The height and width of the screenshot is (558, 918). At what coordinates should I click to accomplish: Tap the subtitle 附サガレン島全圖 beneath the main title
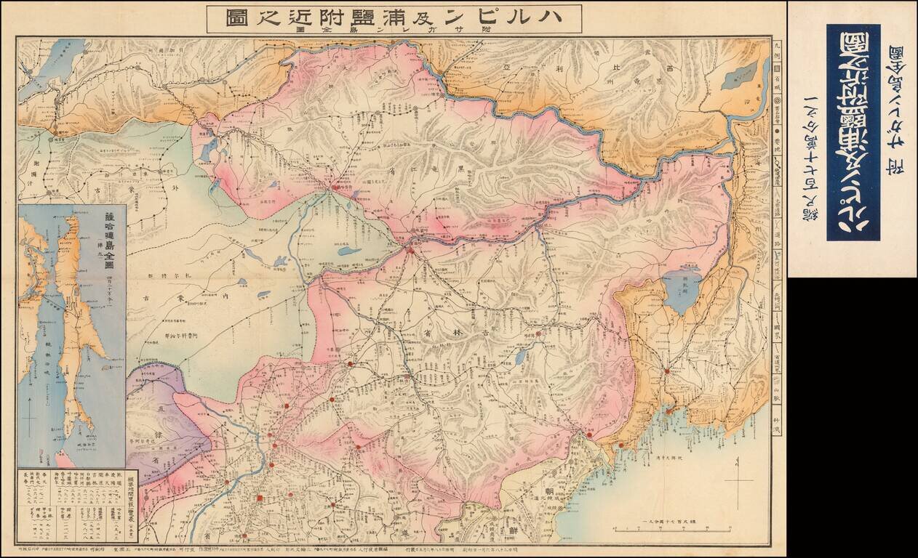coord(393,30)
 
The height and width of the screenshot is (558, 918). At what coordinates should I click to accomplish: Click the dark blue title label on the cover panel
coord(853,132)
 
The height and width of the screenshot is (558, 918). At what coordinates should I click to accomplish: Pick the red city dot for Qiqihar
coord(334,187)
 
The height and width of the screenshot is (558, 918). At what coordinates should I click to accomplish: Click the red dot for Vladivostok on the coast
coord(666,411)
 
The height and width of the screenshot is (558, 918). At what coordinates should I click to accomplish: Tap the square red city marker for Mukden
coord(260,498)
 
